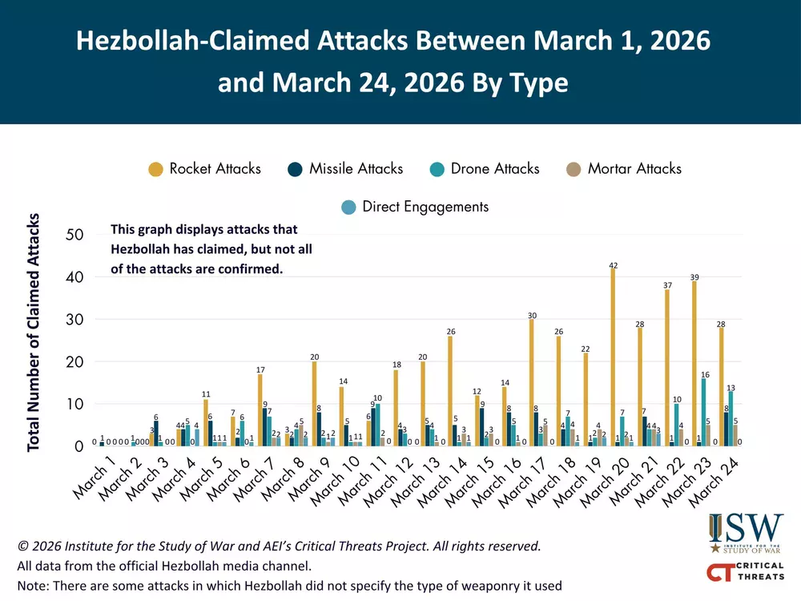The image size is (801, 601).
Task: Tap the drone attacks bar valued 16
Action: click(x=704, y=412)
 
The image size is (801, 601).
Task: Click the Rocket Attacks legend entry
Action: click(x=205, y=168)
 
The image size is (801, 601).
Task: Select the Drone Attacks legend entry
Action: click(x=485, y=168)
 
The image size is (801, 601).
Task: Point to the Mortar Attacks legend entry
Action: click(x=623, y=168)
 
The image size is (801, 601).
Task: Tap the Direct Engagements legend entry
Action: click(x=414, y=207)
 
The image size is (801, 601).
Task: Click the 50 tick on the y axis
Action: click(x=75, y=235)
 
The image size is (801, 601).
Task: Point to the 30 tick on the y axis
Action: click(x=75, y=320)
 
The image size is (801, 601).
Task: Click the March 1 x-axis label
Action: click(x=95, y=478)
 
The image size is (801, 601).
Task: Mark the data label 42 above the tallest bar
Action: click(x=613, y=264)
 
